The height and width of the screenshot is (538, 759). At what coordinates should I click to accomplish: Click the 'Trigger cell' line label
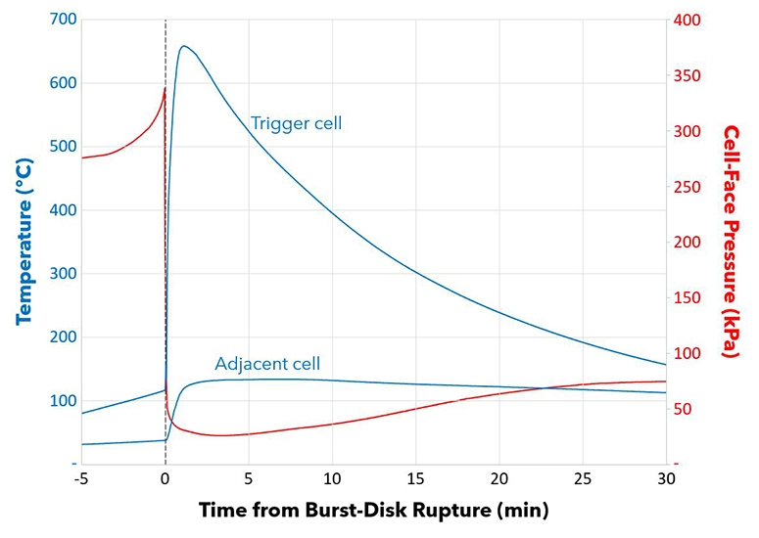coord(296,123)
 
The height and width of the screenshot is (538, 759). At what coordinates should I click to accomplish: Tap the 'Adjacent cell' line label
coord(267,364)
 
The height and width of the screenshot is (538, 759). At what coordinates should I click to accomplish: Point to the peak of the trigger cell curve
coord(183,46)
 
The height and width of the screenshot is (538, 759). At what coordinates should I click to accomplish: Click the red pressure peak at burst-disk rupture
coord(164,89)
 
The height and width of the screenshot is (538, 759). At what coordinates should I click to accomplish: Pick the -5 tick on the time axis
coord(81,479)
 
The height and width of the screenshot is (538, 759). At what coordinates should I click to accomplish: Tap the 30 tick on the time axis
coord(666,479)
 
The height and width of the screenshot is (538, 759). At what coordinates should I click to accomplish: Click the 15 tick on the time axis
coord(415,479)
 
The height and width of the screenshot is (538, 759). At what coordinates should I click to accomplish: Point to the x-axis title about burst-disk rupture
coord(373,511)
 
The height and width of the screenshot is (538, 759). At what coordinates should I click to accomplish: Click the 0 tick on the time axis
coord(165,479)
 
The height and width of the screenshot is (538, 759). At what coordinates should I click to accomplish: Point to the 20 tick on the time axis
coord(498,479)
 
